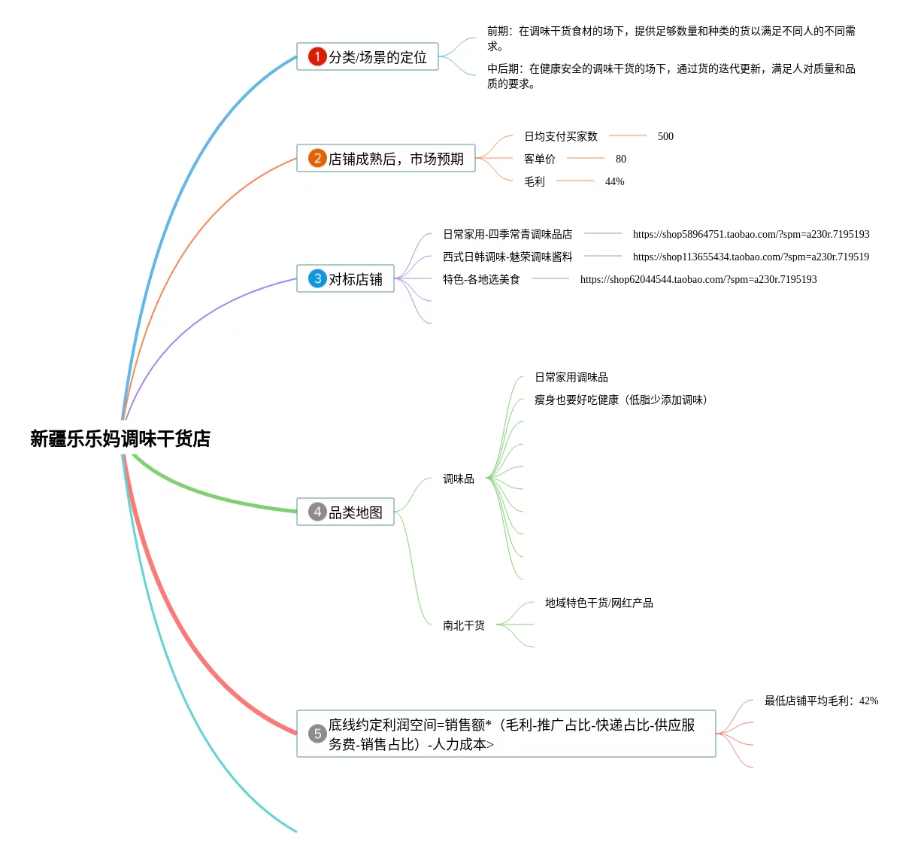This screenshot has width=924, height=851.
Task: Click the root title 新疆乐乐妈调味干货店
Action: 120,439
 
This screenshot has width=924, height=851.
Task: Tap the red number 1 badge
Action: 317,56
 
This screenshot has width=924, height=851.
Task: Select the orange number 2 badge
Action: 317,158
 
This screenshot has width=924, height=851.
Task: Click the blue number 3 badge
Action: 317,278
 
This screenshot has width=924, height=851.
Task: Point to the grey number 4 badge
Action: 317,512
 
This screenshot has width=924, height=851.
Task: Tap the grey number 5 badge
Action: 317,734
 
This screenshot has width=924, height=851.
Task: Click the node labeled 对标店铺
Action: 356,279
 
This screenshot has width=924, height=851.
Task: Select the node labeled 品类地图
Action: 356,512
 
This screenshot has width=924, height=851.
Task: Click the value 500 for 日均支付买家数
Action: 665,136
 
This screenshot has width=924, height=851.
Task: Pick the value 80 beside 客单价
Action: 620,159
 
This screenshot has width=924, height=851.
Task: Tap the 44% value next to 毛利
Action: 614,181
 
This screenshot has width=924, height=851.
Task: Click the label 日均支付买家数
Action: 561,136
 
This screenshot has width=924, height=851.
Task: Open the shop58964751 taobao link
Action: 750,234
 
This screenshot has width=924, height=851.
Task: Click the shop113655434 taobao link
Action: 750,257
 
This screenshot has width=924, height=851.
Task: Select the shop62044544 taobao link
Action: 698,279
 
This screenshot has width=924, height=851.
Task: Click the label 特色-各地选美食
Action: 481,279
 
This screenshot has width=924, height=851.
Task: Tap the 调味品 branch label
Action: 459,479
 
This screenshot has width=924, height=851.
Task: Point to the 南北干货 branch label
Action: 464,625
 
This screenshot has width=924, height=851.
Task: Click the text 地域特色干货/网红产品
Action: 598,603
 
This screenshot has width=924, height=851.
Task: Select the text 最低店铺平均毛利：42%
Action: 821,701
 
